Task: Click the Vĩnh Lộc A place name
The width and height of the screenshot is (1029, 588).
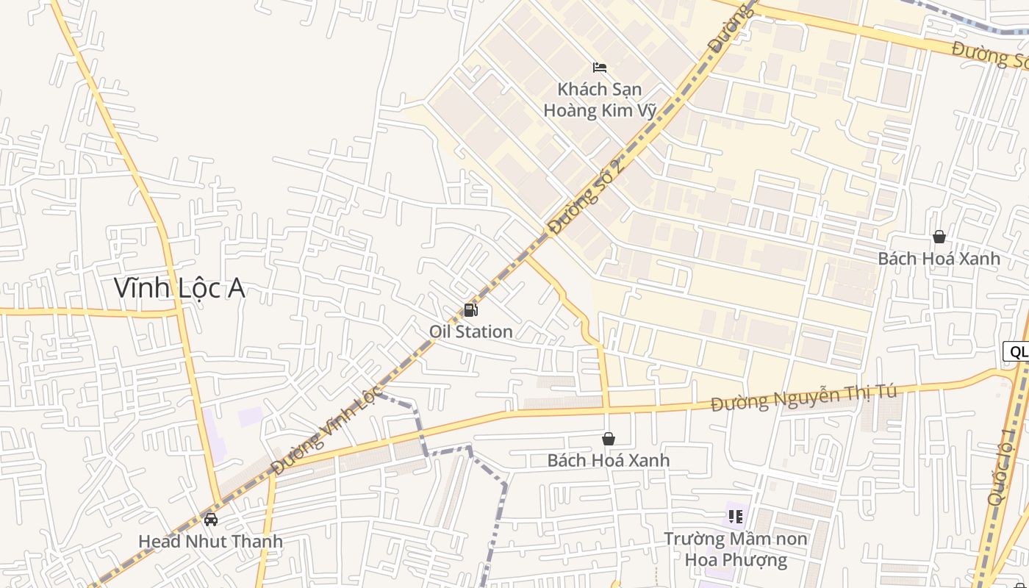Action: [x=179, y=288]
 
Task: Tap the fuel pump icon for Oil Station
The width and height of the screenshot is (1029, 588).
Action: [x=471, y=310]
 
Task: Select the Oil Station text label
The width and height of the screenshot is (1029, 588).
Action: [x=471, y=331]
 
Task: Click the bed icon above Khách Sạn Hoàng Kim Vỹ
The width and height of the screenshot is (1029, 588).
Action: [x=600, y=68]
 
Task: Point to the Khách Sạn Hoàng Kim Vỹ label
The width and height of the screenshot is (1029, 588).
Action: [x=600, y=99]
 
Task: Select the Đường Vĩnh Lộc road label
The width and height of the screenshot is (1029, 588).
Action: [x=326, y=430]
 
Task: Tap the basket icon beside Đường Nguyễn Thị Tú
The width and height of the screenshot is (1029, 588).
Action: [x=609, y=439]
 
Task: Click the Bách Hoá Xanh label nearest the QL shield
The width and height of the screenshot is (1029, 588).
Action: [x=939, y=259]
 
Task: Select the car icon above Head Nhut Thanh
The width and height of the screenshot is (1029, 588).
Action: [x=211, y=520]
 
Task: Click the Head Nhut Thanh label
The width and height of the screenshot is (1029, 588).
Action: [x=210, y=542]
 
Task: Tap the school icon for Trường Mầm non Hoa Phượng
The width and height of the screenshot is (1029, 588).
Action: [x=736, y=517]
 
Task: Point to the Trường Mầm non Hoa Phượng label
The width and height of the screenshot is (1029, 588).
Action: [x=736, y=549]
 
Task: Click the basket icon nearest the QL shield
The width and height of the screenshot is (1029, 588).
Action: [x=939, y=237]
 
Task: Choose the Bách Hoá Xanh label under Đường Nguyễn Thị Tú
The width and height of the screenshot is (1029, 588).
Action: [x=609, y=460]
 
